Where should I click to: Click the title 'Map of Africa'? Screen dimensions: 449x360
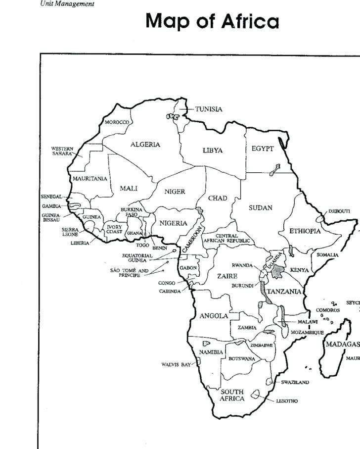(x=213, y=21)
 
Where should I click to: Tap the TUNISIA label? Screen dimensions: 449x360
(x=209, y=109)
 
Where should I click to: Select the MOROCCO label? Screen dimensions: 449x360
(x=117, y=122)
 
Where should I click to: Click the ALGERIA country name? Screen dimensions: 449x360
(x=145, y=145)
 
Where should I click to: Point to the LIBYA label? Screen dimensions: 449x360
(x=213, y=150)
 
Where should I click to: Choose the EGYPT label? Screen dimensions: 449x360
(x=263, y=149)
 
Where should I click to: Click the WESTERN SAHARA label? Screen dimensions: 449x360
(x=62, y=151)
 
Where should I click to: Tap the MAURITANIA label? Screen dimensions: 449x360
(x=90, y=178)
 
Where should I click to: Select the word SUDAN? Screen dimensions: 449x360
(x=261, y=208)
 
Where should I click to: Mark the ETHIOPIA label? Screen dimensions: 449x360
(x=305, y=231)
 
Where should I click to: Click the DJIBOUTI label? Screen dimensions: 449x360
(x=339, y=211)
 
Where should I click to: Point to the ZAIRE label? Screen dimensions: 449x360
(x=227, y=276)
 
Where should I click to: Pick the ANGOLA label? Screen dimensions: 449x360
(x=214, y=315)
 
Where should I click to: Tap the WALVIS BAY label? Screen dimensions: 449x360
(x=176, y=365)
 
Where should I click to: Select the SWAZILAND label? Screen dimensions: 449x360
(x=295, y=382)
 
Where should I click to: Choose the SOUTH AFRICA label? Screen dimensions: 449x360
(x=232, y=395)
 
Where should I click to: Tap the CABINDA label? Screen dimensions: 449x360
(x=170, y=292)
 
